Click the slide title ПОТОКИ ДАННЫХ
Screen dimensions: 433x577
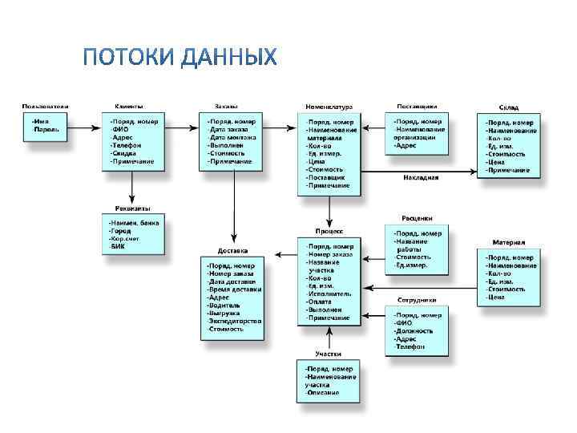tap(180, 57)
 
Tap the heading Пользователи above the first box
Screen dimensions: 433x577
tap(45, 106)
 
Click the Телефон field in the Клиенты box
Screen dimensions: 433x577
tap(127, 145)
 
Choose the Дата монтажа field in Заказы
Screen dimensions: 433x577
tap(232, 137)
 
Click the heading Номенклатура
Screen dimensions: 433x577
tap(329, 107)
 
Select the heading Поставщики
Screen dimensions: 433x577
tap(417, 106)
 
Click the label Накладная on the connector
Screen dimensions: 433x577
tap(421, 177)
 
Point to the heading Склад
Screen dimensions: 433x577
tap(508, 107)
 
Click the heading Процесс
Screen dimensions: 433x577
tap(330, 230)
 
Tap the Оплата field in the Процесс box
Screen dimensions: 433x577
tap(319, 301)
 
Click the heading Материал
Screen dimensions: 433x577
tap(508, 241)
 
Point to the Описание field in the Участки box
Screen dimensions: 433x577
tap(322, 393)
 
